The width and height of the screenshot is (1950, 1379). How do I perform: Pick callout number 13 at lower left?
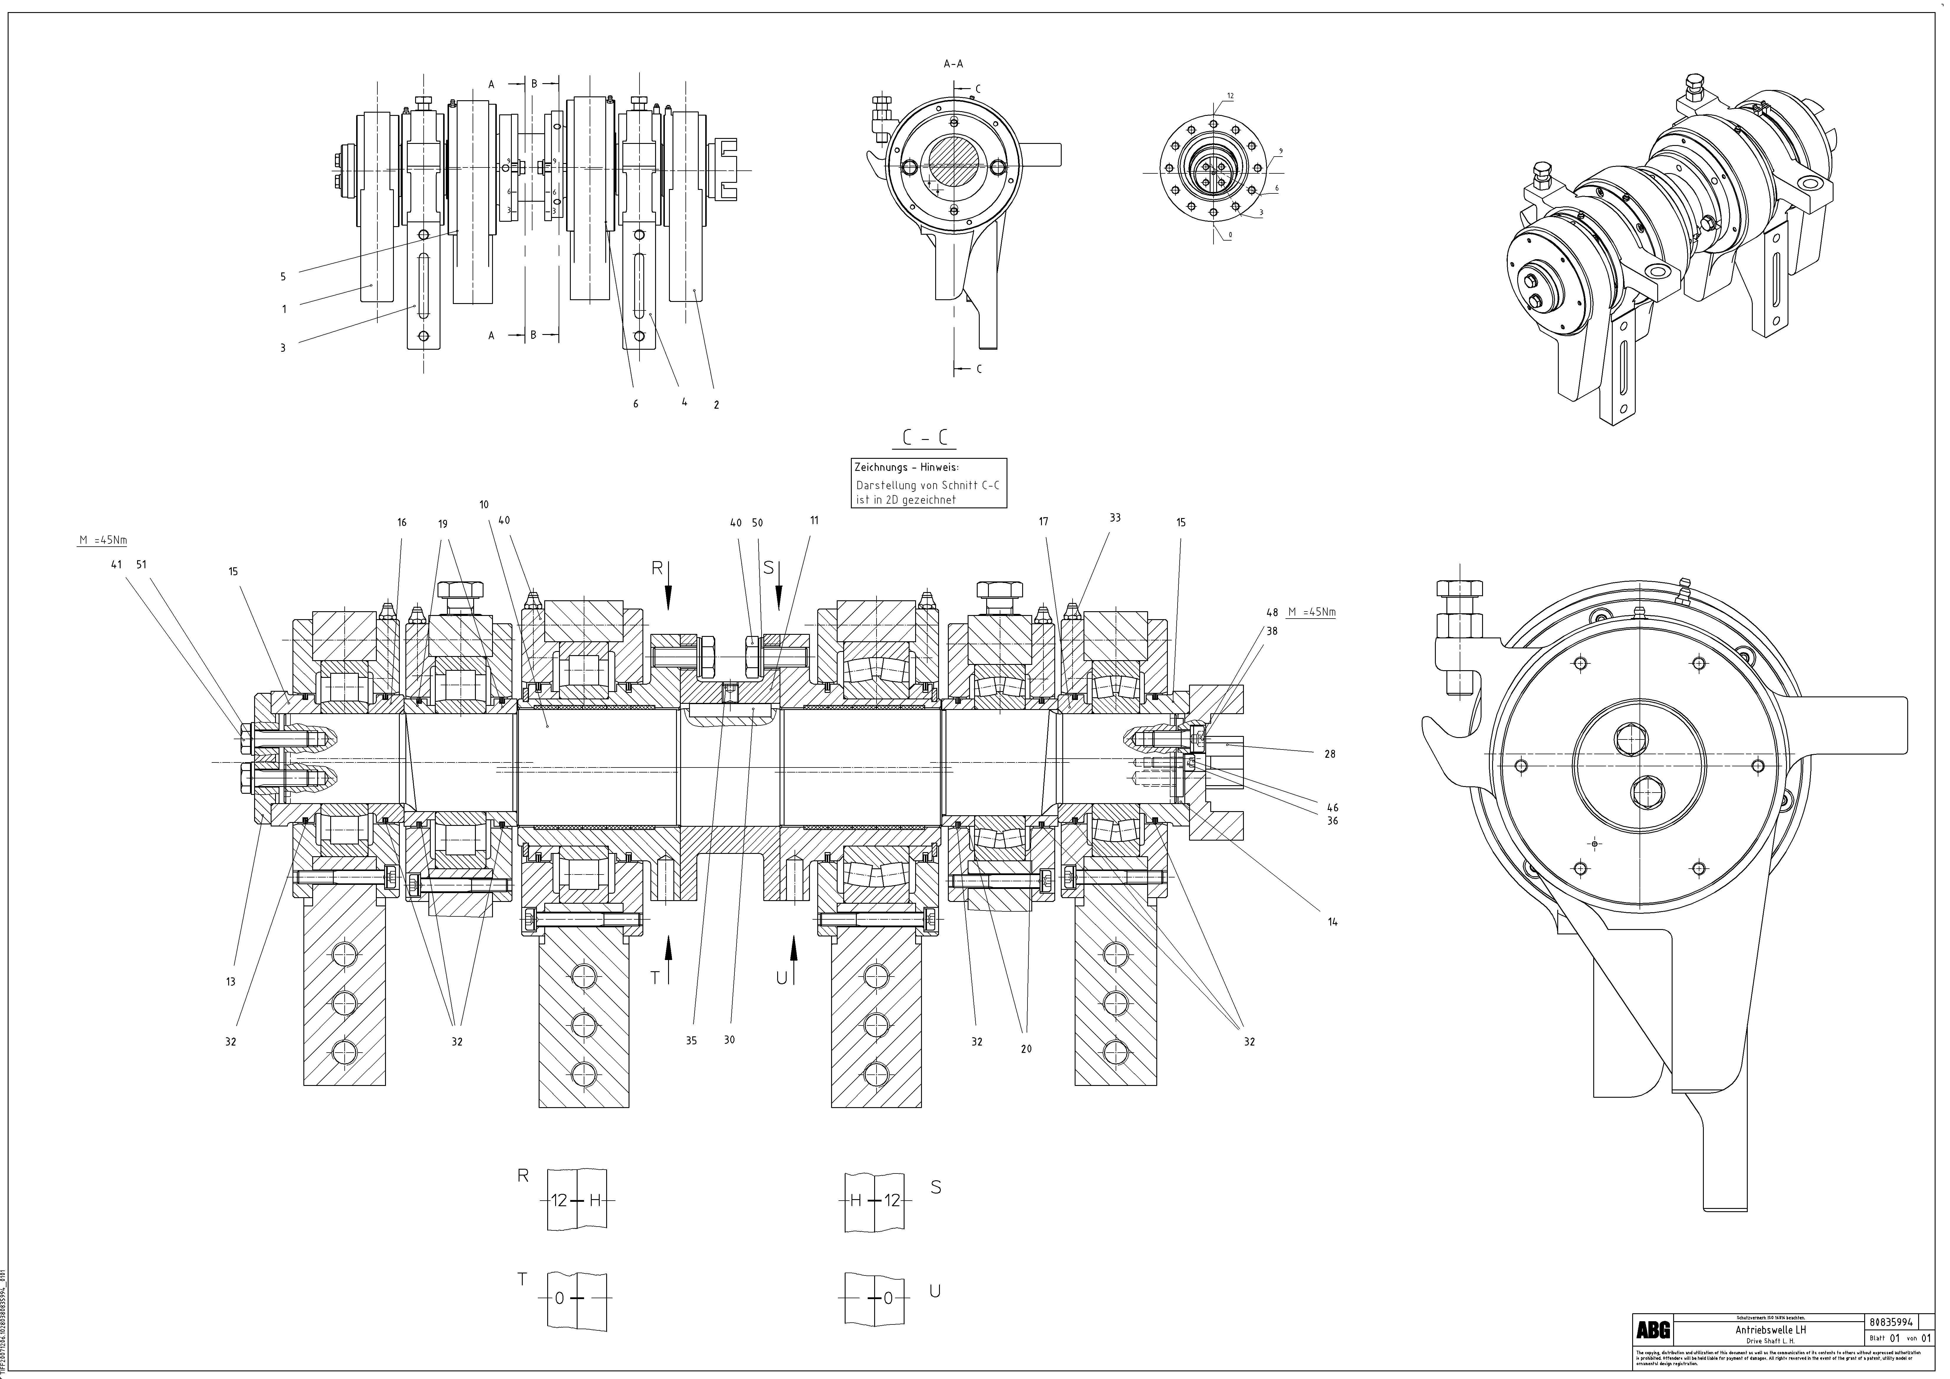click(x=230, y=982)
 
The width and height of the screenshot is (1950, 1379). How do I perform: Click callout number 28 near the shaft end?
click(x=1330, y=753)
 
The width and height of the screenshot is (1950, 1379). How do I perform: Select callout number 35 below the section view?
click(x=691, y=1040)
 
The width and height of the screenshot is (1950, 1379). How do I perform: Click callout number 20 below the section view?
click(x=1026, y=1049)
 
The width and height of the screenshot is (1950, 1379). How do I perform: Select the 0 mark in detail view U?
click(x=888, y=1298)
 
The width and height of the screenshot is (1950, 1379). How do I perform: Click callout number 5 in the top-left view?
click(x=283, y=276)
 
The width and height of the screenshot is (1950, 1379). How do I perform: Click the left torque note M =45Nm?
click(x=103, y=540)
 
